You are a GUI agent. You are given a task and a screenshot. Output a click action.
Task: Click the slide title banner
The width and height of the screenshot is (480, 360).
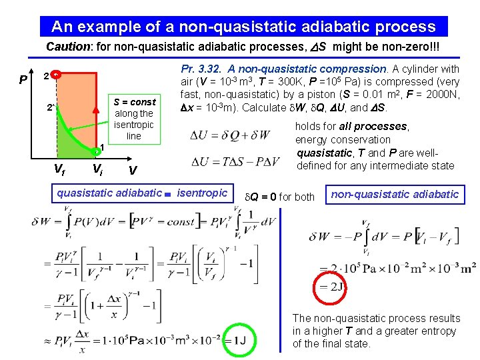243,27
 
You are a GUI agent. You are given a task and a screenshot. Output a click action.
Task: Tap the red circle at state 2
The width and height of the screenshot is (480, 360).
57,75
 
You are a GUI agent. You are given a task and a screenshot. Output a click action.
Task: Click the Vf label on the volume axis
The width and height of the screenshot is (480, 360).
59,169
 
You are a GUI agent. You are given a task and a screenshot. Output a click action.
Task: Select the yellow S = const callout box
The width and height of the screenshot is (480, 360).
133,119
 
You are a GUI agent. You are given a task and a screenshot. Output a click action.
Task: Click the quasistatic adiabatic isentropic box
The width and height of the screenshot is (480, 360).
143,193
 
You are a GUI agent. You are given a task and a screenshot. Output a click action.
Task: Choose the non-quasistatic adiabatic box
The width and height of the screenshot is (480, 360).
395,194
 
